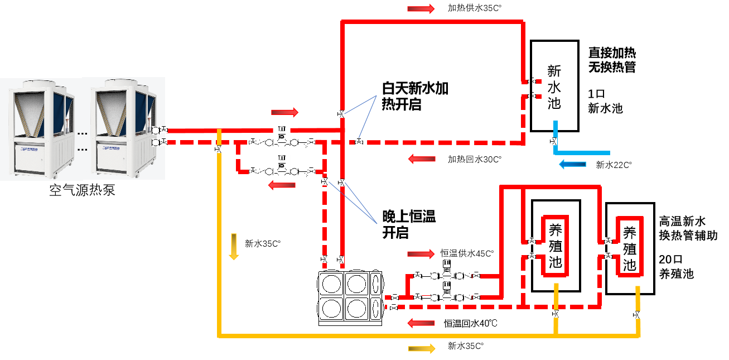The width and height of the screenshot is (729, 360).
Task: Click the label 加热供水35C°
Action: click(x=475, y=8)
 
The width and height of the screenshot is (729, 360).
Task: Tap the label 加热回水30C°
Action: click(x=475, y=159)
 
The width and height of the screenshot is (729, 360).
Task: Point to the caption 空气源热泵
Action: click(x=83, y=191)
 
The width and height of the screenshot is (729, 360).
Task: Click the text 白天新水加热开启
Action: click(x=415, y=96)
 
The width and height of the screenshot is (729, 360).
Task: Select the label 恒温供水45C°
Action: click(x=467, y=253)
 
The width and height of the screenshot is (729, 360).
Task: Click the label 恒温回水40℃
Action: click(x=470, y=323)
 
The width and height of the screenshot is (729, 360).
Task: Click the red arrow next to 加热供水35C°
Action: click(x=421, y=8)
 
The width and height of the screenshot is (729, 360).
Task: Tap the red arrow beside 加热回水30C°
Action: click(x=421, y=159)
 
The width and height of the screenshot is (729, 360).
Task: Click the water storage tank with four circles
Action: click(x=351, y=297)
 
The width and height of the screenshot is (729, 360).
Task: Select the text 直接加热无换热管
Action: click(x=612, y=60)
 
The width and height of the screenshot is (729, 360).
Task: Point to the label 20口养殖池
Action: click(x=676, y=266)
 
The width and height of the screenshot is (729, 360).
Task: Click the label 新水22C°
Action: click(x=614, y=165)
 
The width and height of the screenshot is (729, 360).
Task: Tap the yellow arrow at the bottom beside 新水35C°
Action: click(x=422, y=348)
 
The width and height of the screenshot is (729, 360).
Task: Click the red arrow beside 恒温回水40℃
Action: click(x=421, y=323)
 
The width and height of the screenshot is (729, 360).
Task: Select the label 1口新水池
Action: click(x=605, y=100)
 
